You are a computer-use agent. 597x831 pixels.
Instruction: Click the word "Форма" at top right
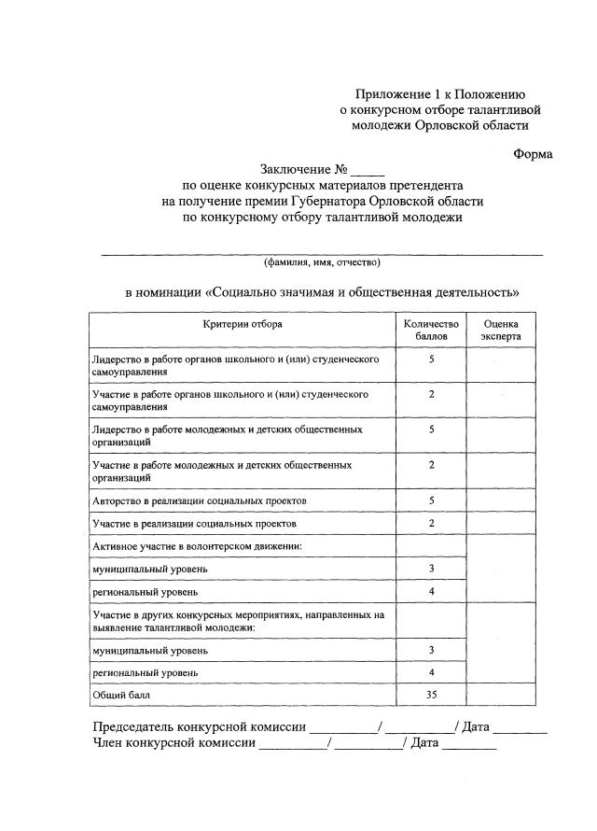pyautogui.click(x=533, y=154)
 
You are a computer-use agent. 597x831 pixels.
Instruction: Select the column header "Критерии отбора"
pyautogui.click(x=243, y=324)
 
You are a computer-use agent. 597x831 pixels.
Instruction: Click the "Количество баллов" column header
pyautogui.click(x=431, y=330)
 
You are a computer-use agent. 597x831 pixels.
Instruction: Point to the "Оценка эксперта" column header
pyautogui.click(x=501, y=330)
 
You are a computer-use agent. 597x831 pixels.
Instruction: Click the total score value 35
pyautogui.click(x=431, y=695)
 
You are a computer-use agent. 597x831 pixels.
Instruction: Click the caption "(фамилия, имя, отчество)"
pyautogui.click(x=322, y=263)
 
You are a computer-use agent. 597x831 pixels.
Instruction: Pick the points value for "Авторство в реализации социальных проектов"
pyautogui.click(x=431, y=500)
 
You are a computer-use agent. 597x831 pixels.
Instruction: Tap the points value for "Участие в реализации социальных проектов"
pyautogui.click(x=431, y=523)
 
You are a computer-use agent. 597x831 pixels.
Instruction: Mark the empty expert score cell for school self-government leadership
pyautogui.click(x=501, y=364)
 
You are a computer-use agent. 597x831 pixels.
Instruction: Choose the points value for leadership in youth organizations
pyautogui.click(x=431, y=430)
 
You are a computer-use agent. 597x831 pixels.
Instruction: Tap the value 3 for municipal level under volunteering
pyautogui.click(x=431, y=568)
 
